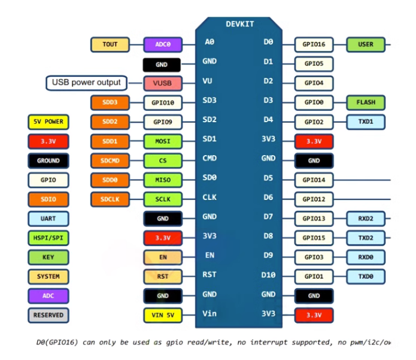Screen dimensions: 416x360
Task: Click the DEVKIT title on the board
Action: [x=240, y=24]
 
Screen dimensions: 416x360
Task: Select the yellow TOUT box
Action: [x=110, y=44]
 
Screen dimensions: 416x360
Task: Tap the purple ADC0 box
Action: [x=163, y=44]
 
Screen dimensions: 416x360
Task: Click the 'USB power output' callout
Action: [x=86, y=83]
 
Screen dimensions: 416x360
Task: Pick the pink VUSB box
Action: [x=163, y=83]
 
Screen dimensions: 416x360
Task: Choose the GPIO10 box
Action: [x=163, y=102]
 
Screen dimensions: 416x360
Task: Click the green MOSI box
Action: [x=163, y=141]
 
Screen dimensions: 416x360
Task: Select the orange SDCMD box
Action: [x=110, y=161]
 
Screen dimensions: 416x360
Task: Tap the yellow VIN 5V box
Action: [x=163, y=315]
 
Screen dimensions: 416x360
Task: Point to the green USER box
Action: [x=366, y=44]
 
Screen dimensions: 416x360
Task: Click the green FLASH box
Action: [x=366, y=102]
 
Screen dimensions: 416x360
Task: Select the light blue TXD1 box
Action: [x=366, y=122]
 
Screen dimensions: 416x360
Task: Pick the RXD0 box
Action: [x=366, y=257]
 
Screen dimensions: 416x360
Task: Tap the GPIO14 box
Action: [x=314, y=180]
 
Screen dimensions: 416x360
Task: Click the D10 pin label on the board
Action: [x=268, y=274]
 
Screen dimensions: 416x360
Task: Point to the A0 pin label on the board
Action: [x=209, y=42]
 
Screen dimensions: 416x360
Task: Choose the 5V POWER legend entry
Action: [x=48, y=122]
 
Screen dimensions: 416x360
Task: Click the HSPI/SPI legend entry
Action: [x=48, y=238]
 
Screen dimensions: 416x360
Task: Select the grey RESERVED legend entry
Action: [x=48, y=315]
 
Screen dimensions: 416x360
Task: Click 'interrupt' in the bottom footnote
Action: [x=269, y=342]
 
